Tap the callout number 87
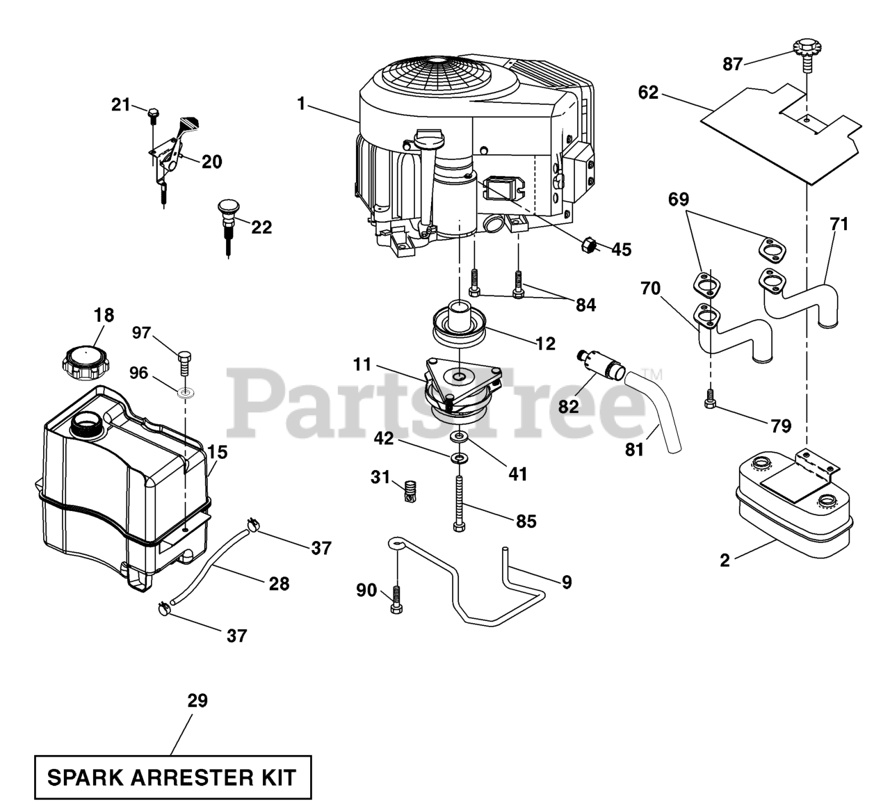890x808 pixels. click(x=732, y=65)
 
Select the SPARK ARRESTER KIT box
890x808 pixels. click(x=172, y=777)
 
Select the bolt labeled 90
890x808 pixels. click(x=396, y=599)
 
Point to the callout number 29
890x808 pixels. click(x=197, y=700)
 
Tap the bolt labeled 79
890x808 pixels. click(x=710, y=398)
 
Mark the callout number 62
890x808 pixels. click(x=648, y=92)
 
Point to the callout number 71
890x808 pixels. click(x=839, y=224)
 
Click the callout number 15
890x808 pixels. click(x=218, y=453)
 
